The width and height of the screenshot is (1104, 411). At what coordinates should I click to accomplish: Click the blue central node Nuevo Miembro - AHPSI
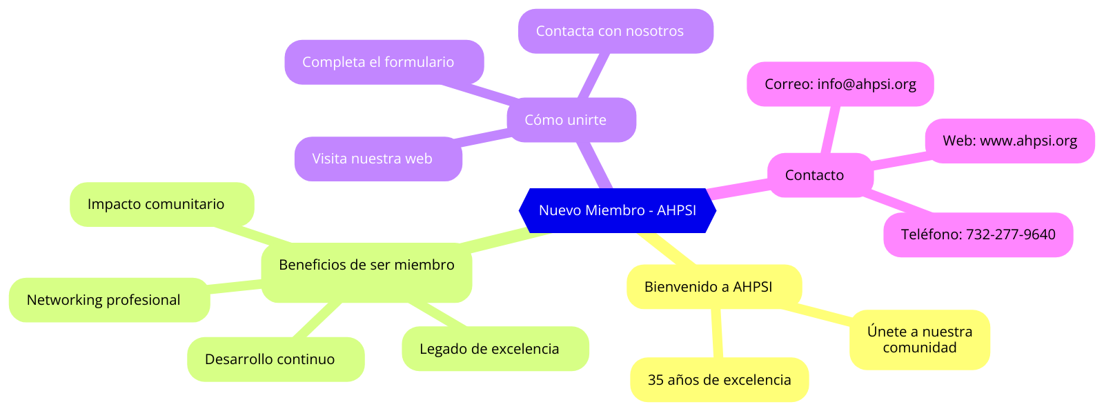617,210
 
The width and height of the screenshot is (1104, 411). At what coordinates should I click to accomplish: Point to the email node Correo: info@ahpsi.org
840,84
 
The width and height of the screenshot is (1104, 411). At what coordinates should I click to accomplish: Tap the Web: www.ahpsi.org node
1009,141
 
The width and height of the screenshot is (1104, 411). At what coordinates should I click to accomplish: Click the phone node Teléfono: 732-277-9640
978,234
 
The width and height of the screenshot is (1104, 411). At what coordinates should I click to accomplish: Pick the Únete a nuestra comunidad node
919,339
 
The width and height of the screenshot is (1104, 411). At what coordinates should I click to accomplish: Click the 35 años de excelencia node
719,380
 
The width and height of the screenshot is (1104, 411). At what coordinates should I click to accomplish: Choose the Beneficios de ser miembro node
366,265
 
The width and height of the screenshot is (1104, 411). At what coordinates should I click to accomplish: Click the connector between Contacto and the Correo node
831,130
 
